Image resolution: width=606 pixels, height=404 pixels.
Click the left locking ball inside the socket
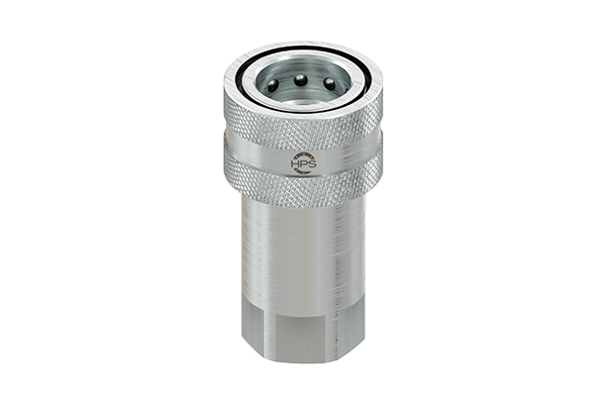pos(272,86)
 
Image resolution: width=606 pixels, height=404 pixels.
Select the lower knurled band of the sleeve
pos(302,184)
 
